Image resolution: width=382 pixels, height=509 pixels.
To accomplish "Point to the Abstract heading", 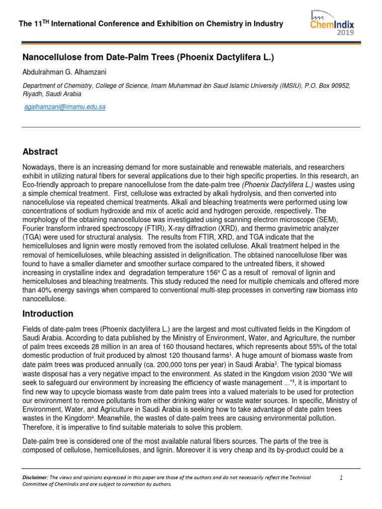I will point(40,152).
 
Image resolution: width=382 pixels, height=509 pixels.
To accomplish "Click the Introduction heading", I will point(48,314).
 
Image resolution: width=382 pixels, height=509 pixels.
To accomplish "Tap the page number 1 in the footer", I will point(341,478).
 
